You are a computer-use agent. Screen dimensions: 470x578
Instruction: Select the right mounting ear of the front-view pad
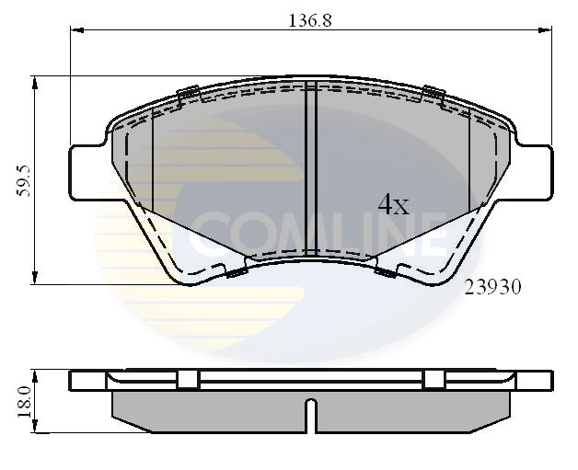(x=534, y=172)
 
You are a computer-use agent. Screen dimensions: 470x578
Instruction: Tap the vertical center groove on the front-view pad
(x=310, y=166)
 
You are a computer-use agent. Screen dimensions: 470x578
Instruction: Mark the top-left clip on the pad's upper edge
(x=189, y=91)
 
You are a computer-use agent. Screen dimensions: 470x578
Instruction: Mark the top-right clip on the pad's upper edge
(x=433, y=91)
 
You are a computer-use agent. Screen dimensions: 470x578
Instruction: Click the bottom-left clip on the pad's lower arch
(x=235, y=271)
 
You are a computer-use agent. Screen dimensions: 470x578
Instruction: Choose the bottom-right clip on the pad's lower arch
(x=386, y=271)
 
